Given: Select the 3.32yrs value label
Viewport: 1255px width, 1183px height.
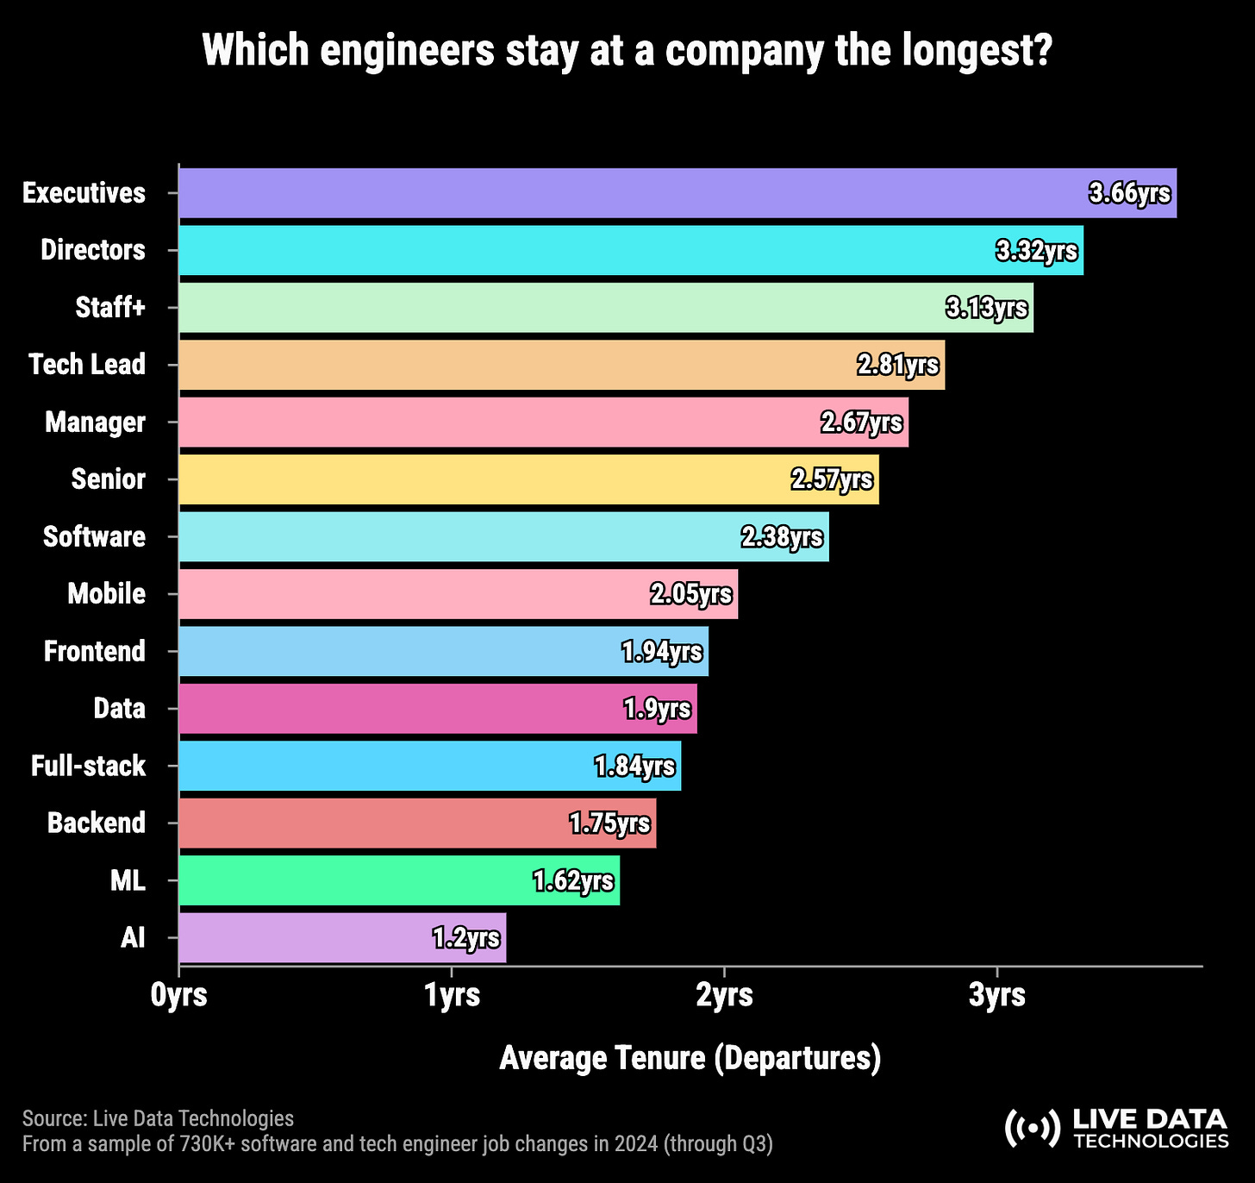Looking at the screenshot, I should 1037,251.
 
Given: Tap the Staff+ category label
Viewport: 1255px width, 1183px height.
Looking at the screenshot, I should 110,308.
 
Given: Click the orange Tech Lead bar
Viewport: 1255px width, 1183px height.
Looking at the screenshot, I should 517,365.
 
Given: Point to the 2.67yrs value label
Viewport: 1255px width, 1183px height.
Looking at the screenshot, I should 862,422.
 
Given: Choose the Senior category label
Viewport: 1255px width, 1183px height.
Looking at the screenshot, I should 108,479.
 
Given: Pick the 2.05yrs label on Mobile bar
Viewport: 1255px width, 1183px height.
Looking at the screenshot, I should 691,594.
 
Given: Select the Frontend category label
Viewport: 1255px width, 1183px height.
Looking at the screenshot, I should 95,651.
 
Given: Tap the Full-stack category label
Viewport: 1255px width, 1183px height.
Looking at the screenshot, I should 88,766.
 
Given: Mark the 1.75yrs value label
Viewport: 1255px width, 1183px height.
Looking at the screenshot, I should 610,823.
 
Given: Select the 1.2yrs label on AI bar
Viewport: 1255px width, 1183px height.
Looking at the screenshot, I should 466,938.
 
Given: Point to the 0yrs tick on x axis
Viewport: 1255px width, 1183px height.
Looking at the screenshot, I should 179,995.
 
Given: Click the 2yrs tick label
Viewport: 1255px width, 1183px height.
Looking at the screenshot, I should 724,995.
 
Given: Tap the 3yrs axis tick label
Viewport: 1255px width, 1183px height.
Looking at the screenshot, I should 997,995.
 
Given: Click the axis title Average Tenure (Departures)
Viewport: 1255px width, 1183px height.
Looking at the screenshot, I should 690,1058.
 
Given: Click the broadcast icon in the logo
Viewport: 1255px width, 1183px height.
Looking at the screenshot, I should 1032,1128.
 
